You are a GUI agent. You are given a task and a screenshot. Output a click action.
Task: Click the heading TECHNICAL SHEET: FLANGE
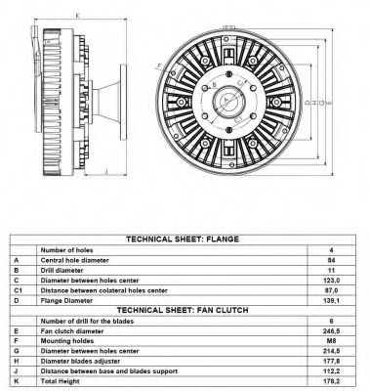point(183,239)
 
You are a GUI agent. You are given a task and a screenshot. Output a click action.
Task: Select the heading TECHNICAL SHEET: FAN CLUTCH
point(183,310)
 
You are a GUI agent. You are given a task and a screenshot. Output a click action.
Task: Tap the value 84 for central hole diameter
point(331,260)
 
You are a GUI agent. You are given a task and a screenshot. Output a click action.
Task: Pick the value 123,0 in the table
point(331,281)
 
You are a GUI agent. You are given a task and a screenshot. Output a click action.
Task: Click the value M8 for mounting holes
point(331,341)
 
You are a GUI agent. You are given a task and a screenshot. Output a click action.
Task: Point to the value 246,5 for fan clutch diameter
point(331,331)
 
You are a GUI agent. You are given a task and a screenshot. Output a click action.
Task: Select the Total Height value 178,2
point(331,381)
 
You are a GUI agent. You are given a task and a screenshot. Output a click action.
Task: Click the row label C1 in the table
point(19,290)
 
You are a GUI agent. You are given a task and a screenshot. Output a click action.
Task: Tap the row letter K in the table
point(17,381)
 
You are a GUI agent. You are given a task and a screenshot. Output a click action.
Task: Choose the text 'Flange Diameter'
point(66,301)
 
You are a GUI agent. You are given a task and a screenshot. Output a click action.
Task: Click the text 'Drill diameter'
point(61,271)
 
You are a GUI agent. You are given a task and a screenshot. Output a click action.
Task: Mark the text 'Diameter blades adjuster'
point(80,362)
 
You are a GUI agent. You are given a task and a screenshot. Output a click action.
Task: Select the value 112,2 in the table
point(331,371)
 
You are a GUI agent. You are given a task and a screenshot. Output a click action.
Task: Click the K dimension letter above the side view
point(77,16)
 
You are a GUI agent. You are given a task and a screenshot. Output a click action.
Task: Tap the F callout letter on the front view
point(159,66)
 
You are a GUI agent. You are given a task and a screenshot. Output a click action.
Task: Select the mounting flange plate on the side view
point(123,103)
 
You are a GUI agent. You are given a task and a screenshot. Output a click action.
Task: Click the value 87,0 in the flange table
point(331,290)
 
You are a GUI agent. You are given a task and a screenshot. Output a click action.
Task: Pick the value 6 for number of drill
point(331,321)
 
